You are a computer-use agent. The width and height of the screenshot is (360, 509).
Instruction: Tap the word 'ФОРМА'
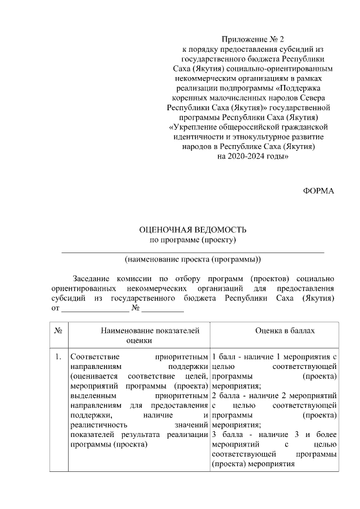point(318,191)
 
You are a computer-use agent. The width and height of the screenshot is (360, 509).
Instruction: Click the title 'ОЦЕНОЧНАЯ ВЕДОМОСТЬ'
point(192,230)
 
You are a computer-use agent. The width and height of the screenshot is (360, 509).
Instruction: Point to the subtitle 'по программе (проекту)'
point(192,241)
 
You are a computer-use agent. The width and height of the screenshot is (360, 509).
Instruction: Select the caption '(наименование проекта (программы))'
point(192,260)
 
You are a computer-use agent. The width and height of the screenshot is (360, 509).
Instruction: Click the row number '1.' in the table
point(58,357)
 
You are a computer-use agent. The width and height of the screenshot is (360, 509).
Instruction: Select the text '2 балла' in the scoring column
point(226,396)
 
